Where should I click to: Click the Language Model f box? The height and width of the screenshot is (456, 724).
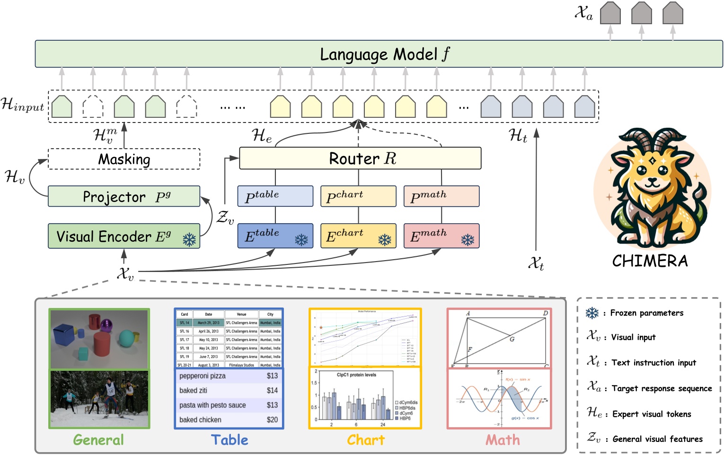coord(379,54)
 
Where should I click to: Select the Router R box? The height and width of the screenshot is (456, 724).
coord(360,158)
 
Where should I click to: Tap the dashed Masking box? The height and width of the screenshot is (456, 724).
coord(124,159)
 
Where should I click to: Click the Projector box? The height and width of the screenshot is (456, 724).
coord(124,196)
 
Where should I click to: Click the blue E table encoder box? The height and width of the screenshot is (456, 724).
coord(275,236)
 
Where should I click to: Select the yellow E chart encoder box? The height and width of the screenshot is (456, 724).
coord(358,236)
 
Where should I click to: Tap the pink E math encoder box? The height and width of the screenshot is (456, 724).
coord(441,236)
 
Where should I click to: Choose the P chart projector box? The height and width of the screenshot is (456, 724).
coord(358,196)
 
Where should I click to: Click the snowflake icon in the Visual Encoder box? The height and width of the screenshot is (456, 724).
coord(189,240)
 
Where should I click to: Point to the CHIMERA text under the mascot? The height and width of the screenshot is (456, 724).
coord(650,261)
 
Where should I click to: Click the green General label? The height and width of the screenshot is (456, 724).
coord(98,440)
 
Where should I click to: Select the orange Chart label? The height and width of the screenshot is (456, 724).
coord(366,440)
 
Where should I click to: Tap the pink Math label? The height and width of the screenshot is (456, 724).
coord(503,440)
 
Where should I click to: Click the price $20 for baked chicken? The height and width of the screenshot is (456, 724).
coord(272,420)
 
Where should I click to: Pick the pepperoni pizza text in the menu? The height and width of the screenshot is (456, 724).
coord(203,376)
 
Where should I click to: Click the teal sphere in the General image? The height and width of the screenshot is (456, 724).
coord(126,338)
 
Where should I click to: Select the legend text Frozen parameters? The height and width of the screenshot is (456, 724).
coord(646,313)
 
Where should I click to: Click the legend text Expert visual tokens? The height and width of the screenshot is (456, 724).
coord(652,414)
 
